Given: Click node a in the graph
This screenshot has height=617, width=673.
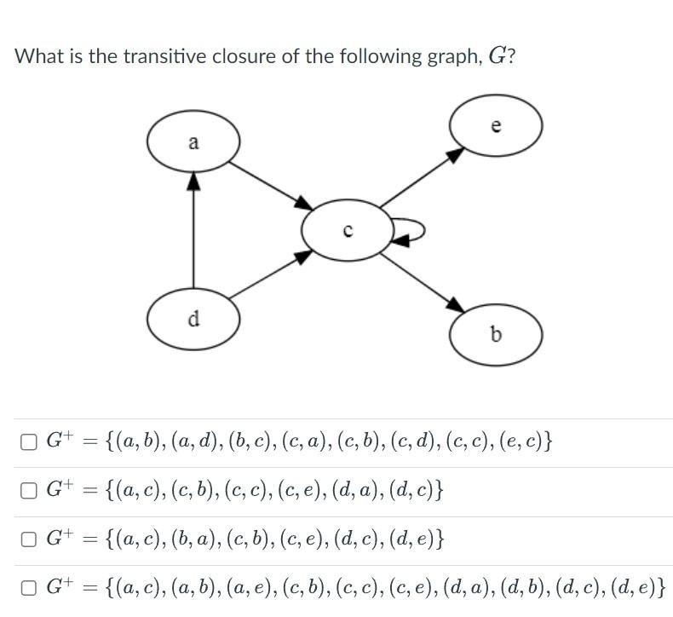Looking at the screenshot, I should click(193, 142).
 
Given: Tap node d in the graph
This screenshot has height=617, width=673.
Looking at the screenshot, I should click(193, 319).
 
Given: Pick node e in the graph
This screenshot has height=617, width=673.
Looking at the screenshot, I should click(497, 125).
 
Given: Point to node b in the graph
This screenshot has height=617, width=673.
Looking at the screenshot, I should click(497, 334).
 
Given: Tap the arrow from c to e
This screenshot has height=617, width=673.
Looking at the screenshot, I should click(422, 177).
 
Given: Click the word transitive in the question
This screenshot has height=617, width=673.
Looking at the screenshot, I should click(162, 57).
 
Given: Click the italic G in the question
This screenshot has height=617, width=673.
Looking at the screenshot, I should click(496, 57).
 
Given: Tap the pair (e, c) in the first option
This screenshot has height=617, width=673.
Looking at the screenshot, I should click(528, 441).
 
